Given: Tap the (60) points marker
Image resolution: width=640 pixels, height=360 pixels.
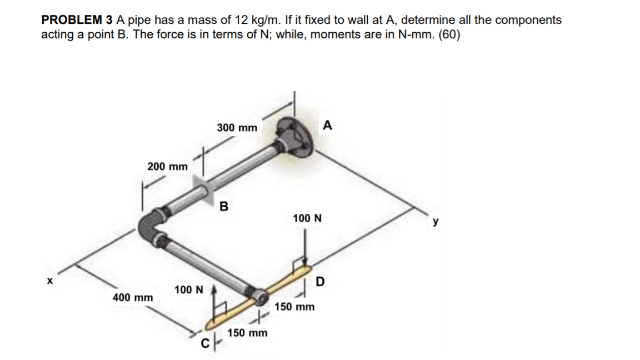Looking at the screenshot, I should point(449,34).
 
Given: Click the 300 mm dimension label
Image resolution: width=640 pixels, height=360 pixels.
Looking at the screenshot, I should point(237,128).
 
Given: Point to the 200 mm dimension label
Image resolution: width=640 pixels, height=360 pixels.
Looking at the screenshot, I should point(167,166).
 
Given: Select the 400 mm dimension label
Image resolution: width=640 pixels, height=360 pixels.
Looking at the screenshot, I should point(133,298).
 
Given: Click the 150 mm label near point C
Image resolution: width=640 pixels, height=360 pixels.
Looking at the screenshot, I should point(248,333).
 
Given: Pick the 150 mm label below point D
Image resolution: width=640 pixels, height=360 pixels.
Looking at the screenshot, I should point(294,307).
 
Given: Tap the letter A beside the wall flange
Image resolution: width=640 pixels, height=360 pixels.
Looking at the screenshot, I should point(327,126).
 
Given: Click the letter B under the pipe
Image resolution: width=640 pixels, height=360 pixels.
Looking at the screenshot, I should point(223,207).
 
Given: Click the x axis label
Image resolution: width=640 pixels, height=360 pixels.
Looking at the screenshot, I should point(49,281).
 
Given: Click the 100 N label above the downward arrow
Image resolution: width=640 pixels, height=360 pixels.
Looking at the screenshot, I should point(307,218).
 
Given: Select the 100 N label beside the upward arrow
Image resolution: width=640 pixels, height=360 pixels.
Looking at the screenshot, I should point(189,289).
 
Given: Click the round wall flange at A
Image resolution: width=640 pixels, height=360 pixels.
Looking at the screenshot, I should point(294,136).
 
